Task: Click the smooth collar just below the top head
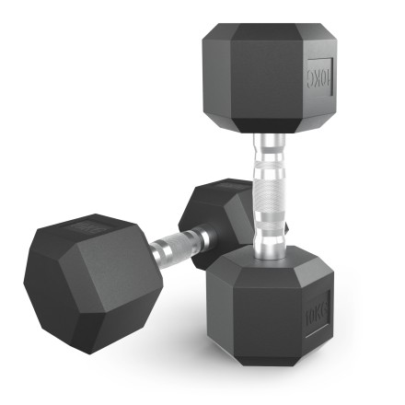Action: (269, 145)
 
